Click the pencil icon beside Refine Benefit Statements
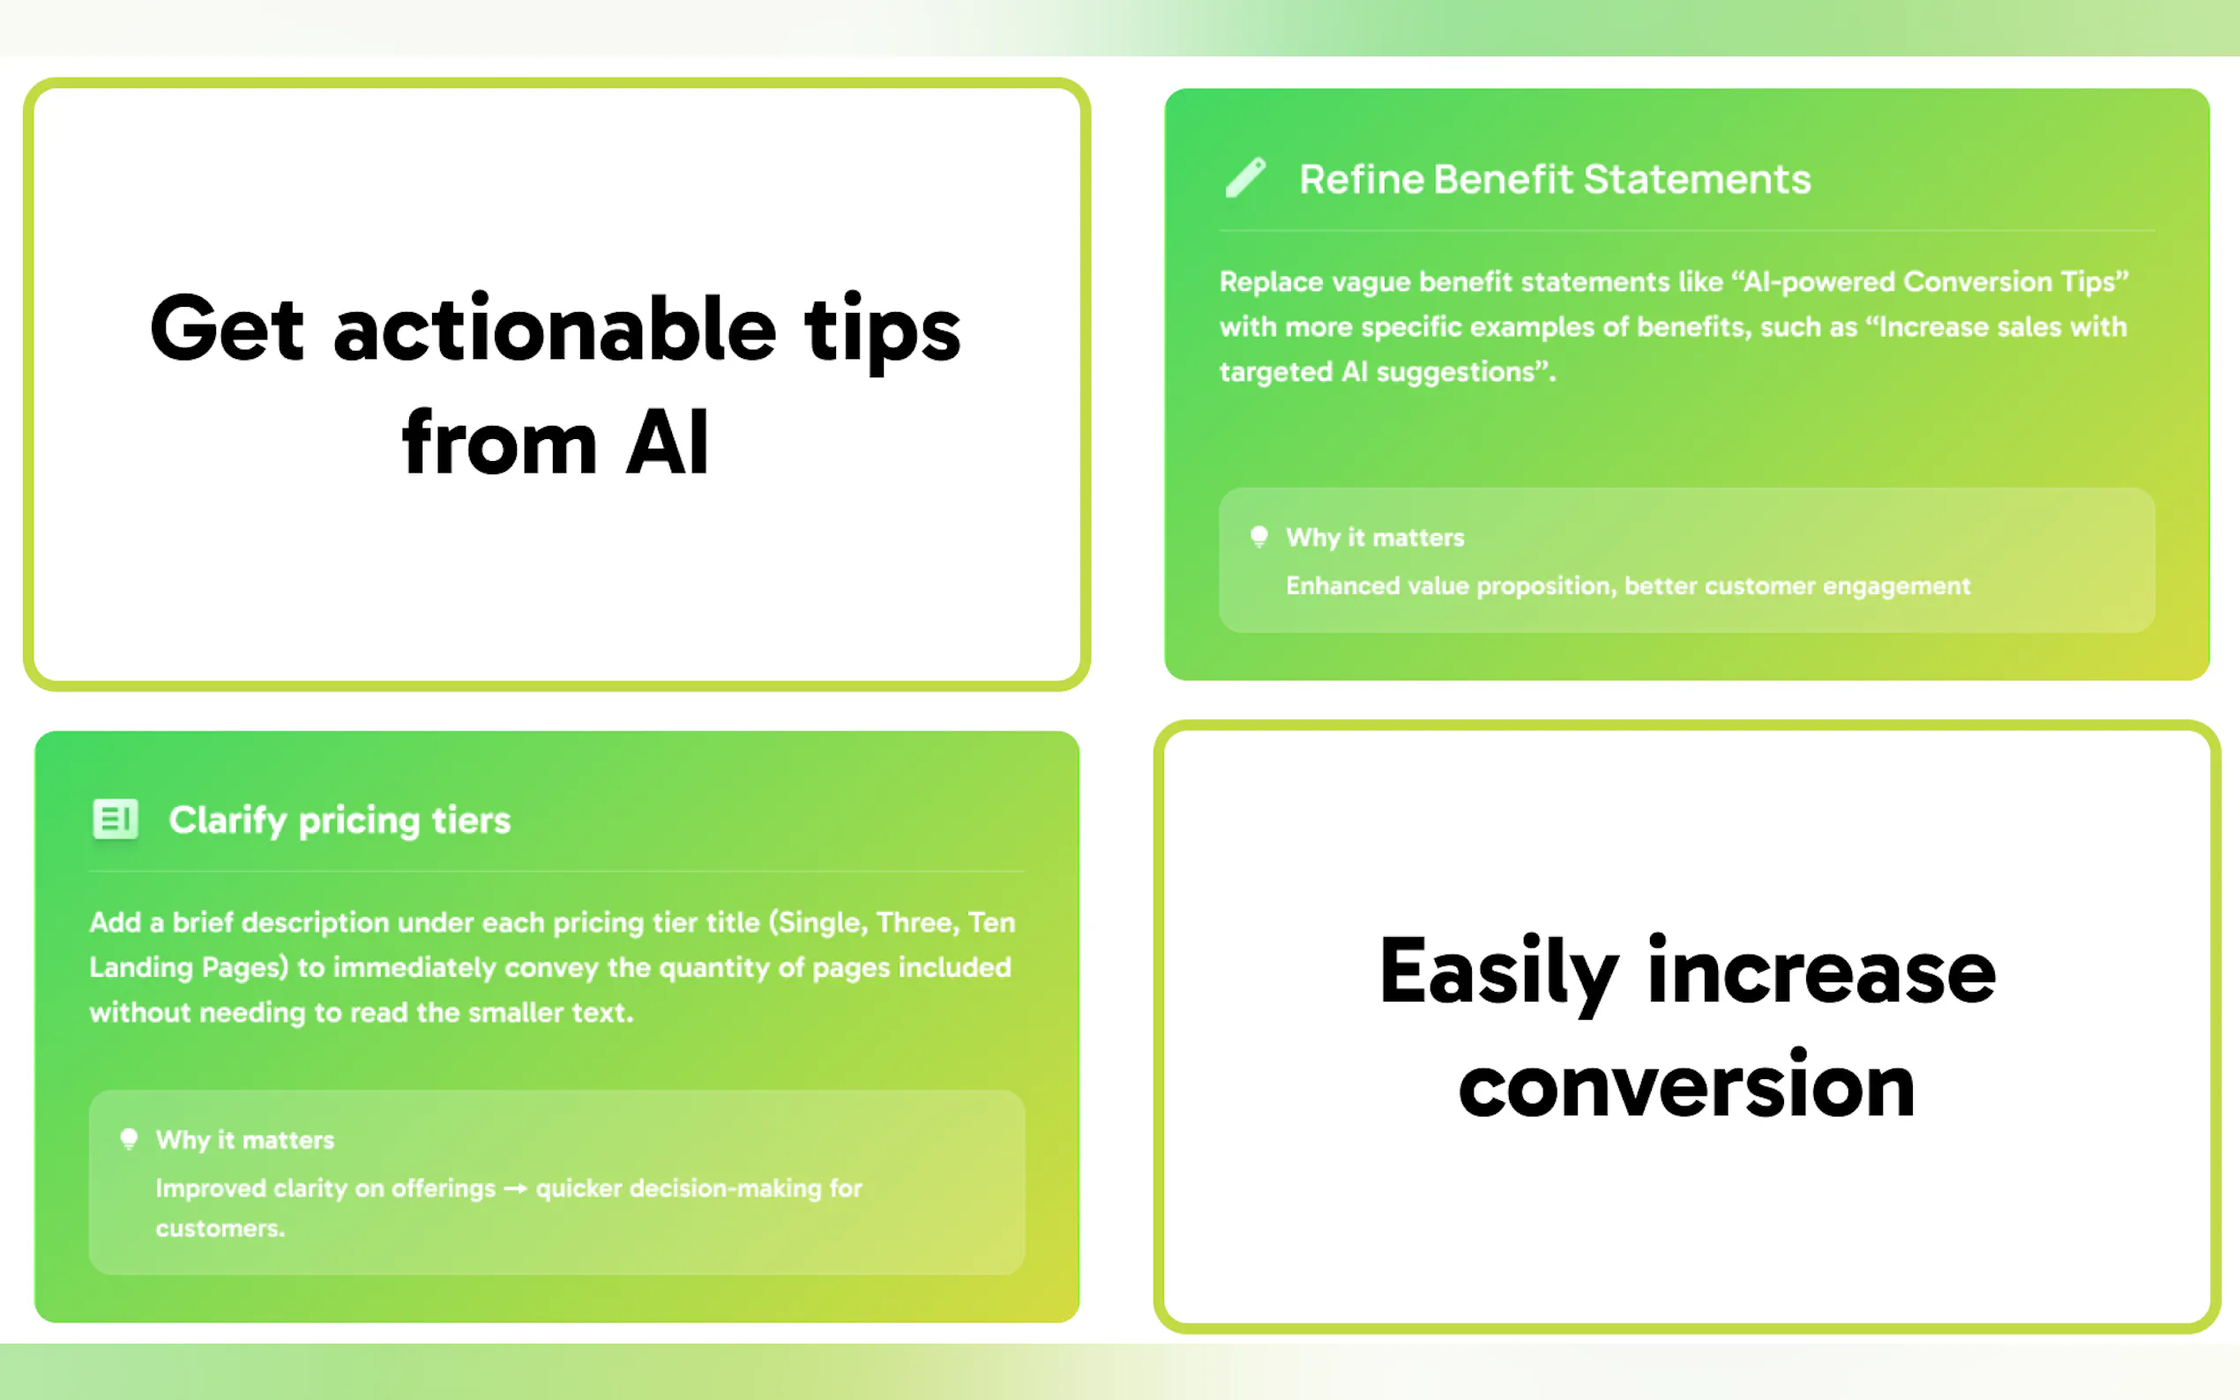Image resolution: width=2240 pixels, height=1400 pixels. point(1245,178)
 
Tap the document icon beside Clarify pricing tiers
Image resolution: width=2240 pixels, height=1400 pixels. point(116,819)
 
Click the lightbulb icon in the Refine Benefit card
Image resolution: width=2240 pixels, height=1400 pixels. point(1258,537)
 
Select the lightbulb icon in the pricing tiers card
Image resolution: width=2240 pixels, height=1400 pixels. point(129,1139)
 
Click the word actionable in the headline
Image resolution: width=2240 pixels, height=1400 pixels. point(555,330)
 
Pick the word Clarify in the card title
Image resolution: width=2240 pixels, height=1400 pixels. point(228,822)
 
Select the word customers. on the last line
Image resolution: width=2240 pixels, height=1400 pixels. point(220,1229)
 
